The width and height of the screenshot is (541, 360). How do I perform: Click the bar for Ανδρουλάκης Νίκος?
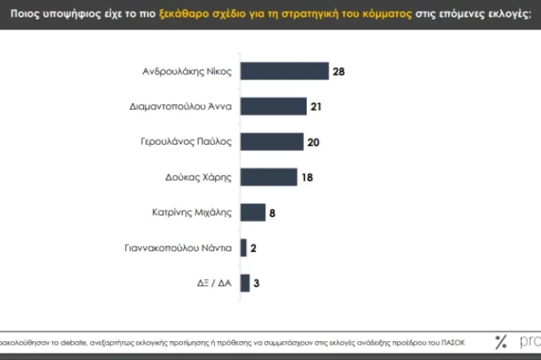(284, 71)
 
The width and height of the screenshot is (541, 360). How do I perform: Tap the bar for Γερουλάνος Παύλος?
(271, 141)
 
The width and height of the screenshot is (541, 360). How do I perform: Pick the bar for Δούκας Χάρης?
(268, 176)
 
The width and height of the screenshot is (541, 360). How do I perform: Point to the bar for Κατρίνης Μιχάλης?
(252, 212)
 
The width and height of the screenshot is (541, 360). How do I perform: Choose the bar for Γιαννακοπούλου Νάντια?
(244, 247)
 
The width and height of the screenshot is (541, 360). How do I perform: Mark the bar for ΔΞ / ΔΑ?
(245, 283)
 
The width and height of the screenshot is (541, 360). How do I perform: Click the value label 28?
(339, 71)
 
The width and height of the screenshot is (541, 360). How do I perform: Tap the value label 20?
(313, 142)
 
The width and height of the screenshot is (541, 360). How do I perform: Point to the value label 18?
(307, 177)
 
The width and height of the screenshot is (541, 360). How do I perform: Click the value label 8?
(273, 213)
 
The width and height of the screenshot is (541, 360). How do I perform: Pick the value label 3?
(257, 283)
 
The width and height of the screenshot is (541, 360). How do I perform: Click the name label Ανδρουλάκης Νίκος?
(187, 71)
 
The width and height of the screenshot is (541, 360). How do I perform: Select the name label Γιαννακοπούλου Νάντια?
(178, 247)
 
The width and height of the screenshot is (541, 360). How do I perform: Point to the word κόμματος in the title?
(378, 14)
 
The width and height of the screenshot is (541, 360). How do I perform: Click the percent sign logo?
(500, 342)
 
